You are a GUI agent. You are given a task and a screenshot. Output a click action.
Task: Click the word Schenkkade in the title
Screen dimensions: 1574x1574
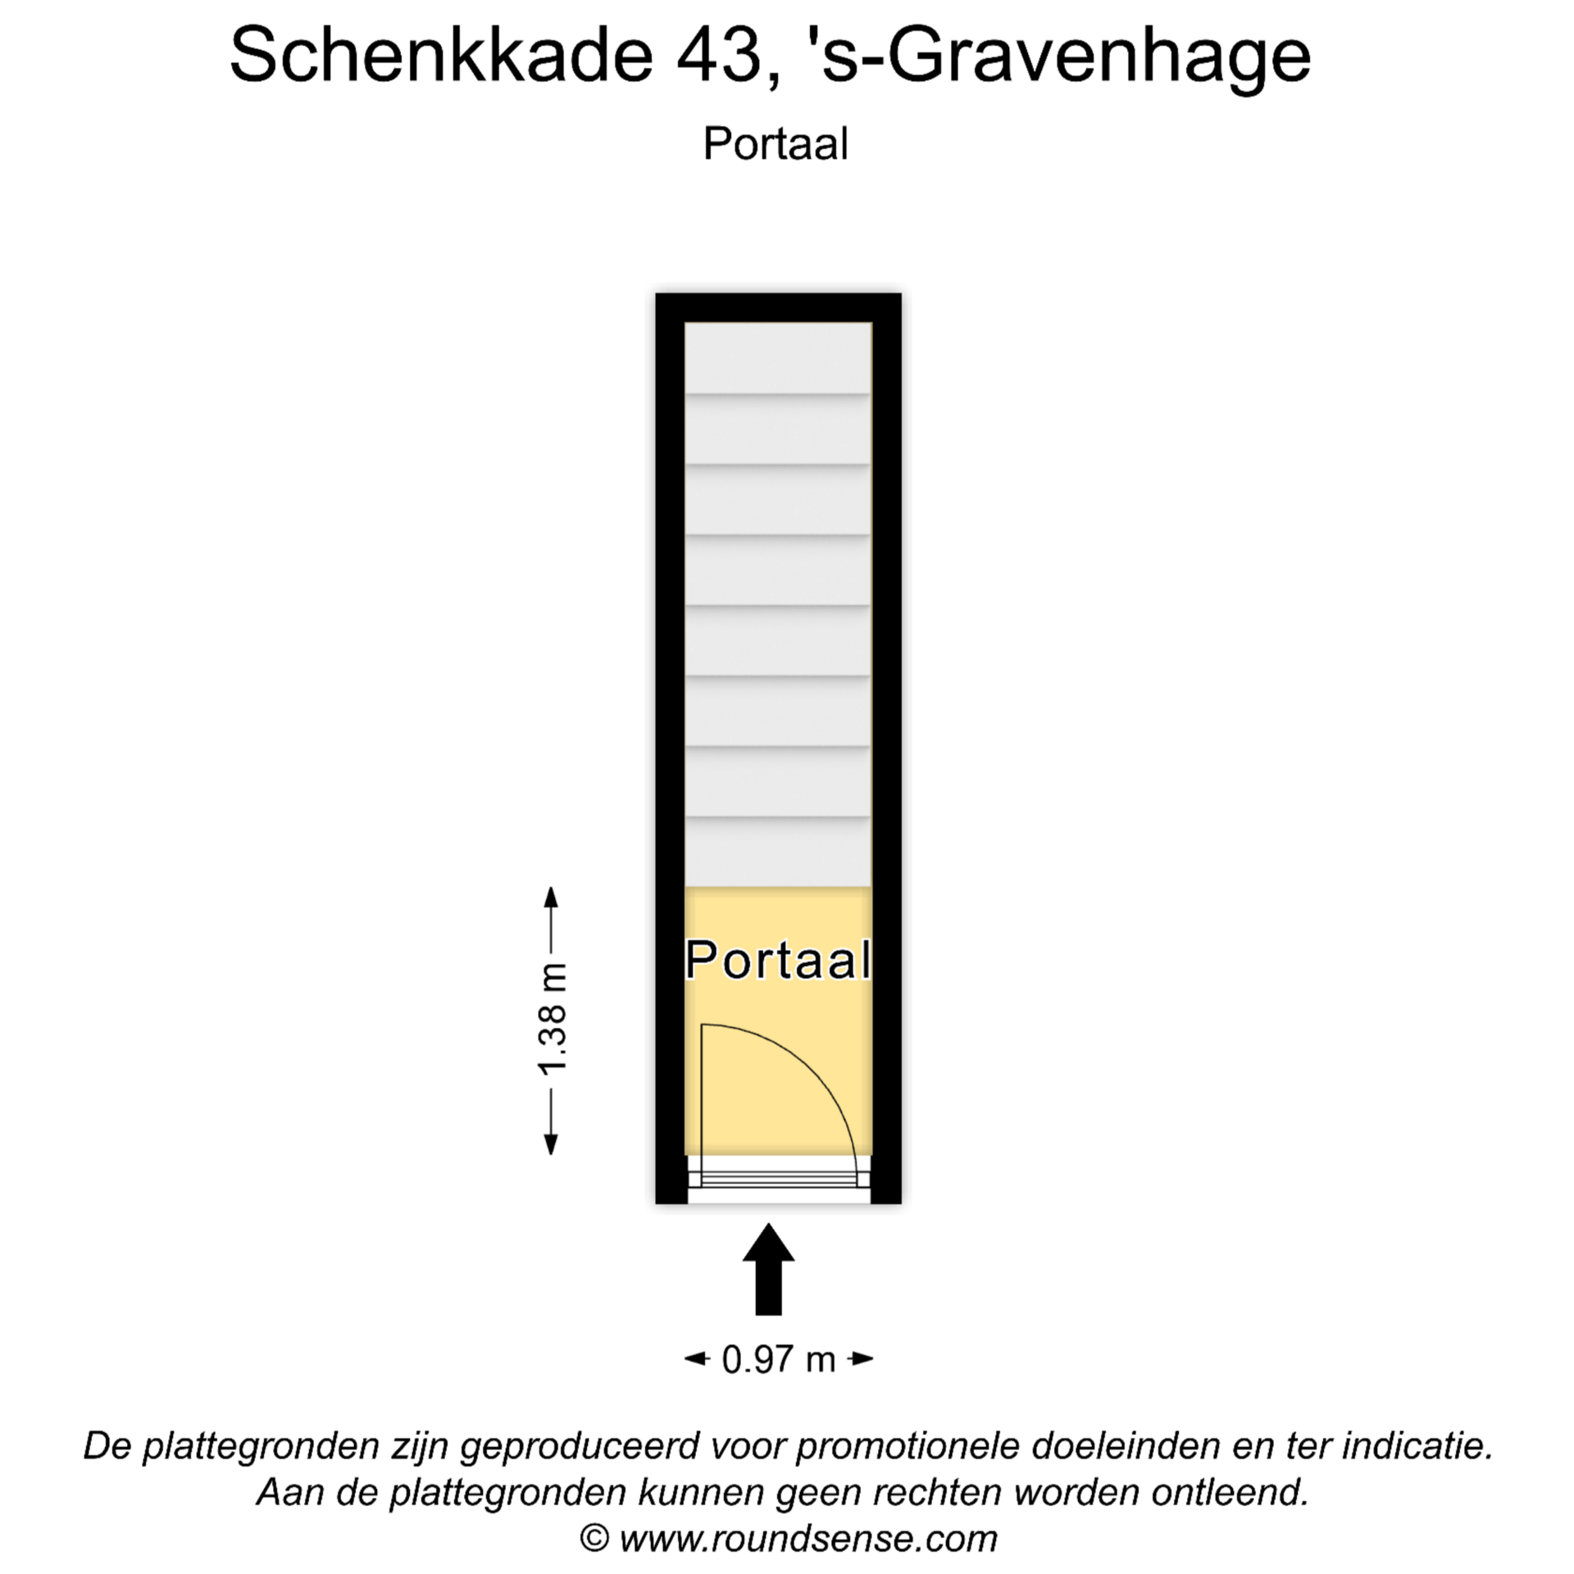point(441,56)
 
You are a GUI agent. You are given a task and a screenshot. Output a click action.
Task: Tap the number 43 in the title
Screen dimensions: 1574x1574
point(720,56)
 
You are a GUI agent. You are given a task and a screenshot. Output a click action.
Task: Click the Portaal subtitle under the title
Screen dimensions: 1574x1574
point(776,143)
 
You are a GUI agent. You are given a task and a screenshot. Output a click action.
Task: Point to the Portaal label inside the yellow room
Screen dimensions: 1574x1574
point(778,960)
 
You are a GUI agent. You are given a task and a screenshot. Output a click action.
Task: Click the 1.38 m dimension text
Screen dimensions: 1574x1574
point(553,1020)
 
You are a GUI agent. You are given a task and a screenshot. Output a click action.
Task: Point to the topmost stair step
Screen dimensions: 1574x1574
point(778,357)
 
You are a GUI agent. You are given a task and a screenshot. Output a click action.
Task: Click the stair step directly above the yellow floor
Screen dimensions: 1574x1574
point(778,852)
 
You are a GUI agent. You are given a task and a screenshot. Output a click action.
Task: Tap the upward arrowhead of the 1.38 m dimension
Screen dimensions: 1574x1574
point(552,896)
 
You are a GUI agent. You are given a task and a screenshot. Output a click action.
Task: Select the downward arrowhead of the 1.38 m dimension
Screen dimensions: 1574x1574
point(552,1144)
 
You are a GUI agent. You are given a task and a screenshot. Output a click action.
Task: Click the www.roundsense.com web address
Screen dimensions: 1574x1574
point(808,1538)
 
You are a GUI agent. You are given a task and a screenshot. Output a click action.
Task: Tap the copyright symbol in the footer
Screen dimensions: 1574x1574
point(594,1538)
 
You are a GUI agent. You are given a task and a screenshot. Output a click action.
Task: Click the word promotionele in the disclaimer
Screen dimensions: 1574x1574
point(908,1445)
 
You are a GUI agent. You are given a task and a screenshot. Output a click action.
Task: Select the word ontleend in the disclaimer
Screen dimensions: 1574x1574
point(1230,1492)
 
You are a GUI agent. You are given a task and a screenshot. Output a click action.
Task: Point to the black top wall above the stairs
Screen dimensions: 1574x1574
point(778,307)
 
